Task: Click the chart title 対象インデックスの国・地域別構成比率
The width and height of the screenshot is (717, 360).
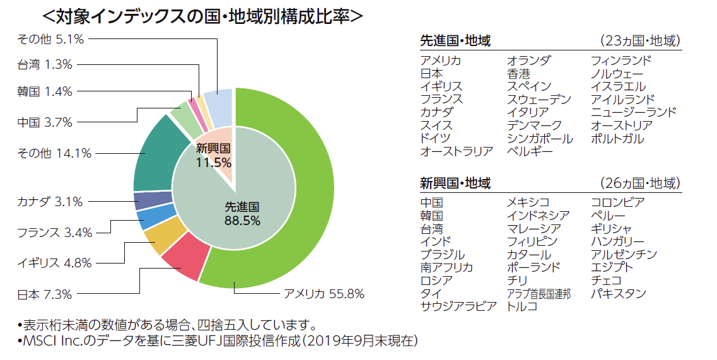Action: (202, 16)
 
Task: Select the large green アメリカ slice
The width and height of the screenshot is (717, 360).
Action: (296, 183)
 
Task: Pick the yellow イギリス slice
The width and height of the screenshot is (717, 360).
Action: (158, 239)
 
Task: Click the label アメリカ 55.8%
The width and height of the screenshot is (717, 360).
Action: (324, 294)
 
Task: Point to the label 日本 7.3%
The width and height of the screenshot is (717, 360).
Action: (44, 294)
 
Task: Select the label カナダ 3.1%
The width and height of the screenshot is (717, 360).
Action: (50, 202)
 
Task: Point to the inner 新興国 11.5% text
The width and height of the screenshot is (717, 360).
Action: (213, 156)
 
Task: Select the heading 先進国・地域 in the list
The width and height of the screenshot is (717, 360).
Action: (455, 42)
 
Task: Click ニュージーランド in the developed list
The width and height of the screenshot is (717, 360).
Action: (633, 112)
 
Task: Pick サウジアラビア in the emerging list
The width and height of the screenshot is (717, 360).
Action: (458, 307)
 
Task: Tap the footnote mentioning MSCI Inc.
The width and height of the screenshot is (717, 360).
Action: (218, 342)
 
